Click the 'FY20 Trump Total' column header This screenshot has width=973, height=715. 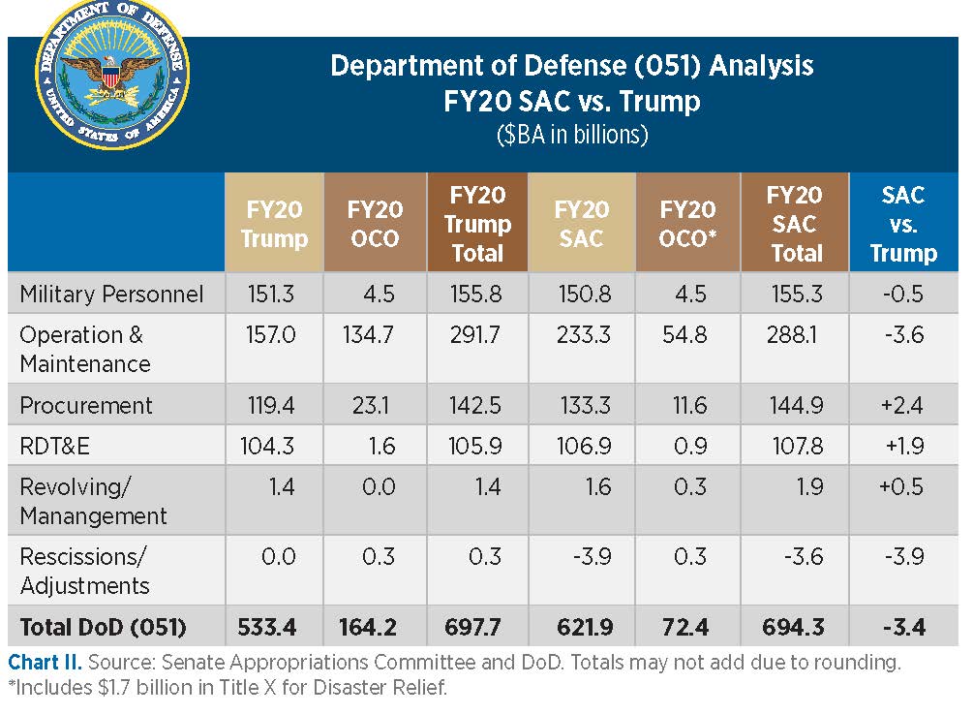pos(477,224)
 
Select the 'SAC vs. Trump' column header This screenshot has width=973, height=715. pos(902,224)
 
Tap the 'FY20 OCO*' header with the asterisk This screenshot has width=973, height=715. pos(687,224)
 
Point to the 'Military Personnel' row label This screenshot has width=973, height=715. pos(111,295)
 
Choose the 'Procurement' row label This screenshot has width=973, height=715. pos(86,405)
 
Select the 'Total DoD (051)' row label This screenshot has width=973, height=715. pos(103,627)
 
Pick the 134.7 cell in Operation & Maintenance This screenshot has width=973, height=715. pos(374,335)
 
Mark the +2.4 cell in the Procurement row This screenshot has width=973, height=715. pos(900,405)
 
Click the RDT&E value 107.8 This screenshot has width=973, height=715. pos(795,446)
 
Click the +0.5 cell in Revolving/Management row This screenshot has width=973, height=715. pos(900,486)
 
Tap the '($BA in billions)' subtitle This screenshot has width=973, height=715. pos(571,135)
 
